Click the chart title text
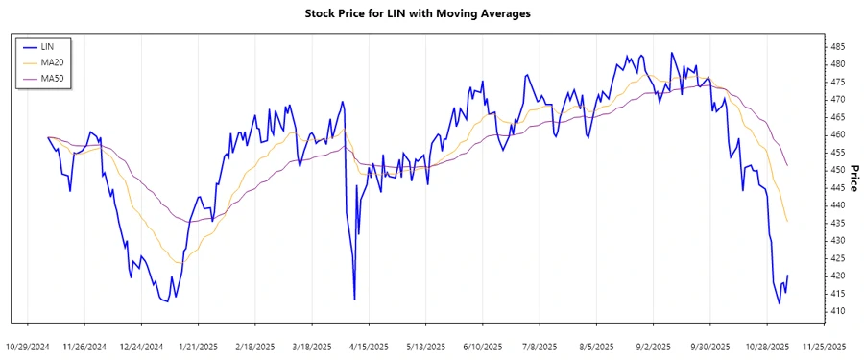coord(417,13)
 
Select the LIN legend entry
coord(47,47)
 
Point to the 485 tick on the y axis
coord(838,46)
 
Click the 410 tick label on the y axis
coord(838,311)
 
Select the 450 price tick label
coord(838,170)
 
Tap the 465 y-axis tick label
coord(838,117)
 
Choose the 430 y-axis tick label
coord(838,240)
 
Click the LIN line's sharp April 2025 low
coord(355,300)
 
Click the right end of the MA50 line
coord(788,166)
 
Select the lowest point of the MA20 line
coord(179,262)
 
